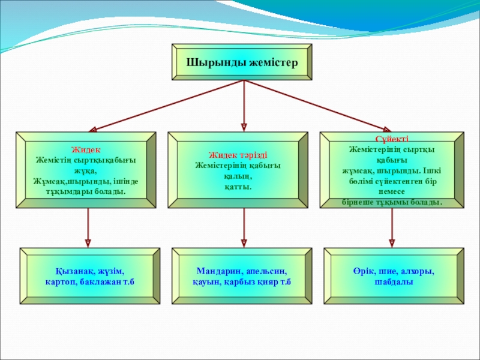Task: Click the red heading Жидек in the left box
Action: [x=86, y=149]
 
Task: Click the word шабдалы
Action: [x=393, y=282]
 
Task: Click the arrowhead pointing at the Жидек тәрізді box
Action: [x=244, y=127]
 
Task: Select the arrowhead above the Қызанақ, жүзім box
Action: [x=88, y=242]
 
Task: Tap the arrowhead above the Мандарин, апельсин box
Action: [x=244, y=242]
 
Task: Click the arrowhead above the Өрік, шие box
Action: [x=392, y=242]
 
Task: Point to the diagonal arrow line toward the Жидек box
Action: [x=168, y=104]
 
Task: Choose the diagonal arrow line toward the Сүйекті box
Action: [x=318, y=104]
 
